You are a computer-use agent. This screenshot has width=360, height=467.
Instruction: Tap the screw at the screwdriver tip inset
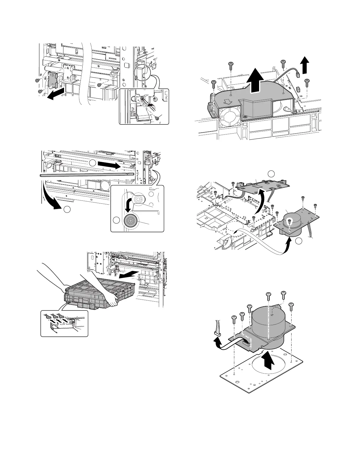coord(157,118)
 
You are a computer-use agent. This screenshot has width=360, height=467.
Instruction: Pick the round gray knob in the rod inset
coord(130,221)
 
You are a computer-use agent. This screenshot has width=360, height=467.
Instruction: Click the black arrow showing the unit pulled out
coord(128,275)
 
